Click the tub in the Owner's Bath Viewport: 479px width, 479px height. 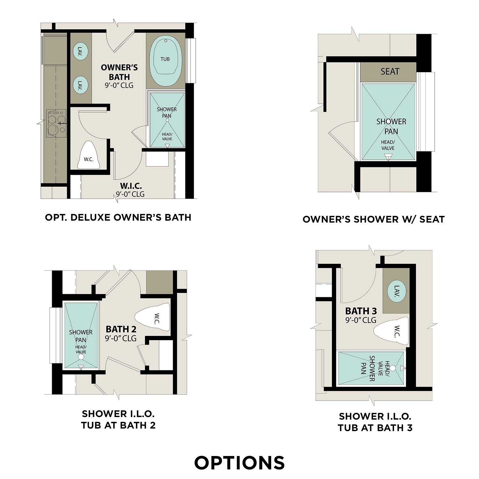(x=165, y=61)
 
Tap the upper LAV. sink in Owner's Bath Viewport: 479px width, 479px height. (x=80, y=51)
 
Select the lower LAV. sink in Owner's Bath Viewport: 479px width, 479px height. (x=80, y=85)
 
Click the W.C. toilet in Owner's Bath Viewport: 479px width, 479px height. (x=88, y=156)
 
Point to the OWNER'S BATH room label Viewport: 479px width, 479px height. (x=119, y=72)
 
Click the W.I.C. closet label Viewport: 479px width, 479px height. (x=131, y=186)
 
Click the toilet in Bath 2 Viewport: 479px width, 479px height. (x=153, y=317)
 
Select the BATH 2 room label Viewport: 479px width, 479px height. (x=121, y=329)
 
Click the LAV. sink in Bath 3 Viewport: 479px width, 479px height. (x=397, y=291)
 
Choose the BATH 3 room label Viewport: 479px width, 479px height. (x=361, y=311)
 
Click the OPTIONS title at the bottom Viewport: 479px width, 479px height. (x=240, y=463)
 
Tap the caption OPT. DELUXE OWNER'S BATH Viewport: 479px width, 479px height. (x=118, y=217)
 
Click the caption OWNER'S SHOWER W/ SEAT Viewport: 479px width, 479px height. (x=374, y=219)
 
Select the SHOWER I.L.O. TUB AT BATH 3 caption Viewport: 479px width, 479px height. (x=375, y=422)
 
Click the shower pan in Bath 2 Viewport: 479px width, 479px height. (x=81, y=335)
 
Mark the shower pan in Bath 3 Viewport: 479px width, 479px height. (x=370, y=368)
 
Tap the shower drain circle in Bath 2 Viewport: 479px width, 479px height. (x=81, y=357)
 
